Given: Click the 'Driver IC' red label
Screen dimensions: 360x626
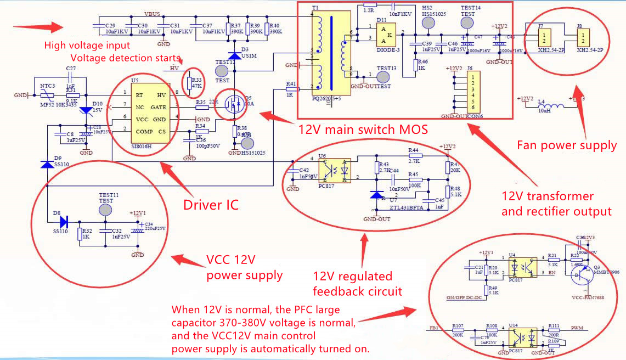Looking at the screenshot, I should (211, 205).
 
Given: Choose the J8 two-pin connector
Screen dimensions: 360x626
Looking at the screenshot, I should (583, 38).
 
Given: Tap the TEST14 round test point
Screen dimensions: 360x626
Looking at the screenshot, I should (467, 22).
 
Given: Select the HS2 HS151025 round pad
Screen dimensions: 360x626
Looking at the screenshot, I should (427, 22).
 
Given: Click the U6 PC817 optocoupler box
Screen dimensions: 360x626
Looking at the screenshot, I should (336, 170).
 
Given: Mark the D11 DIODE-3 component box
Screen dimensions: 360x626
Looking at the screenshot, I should (387, 35).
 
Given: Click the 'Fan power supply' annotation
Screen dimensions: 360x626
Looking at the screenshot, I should (567, 145).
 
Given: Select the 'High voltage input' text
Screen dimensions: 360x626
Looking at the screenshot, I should (87, 46).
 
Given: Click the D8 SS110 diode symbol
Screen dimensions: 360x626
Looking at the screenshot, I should (63, 222).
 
